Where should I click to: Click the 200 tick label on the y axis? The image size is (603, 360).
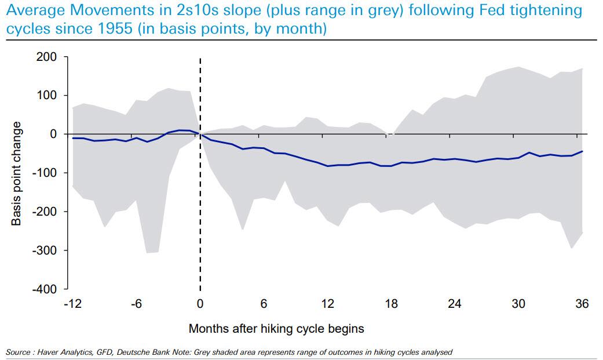(47, 57)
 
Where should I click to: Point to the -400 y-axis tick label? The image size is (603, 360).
(45, 289)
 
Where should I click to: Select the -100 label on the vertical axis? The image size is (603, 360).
(45, 173)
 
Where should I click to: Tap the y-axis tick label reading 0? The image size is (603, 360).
(53, 134)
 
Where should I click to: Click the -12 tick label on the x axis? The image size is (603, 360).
(72, 304)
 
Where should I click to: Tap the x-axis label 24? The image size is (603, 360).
(455, 304)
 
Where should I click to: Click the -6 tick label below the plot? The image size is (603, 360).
(136, 304)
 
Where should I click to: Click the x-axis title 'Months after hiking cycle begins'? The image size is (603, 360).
(276, 329)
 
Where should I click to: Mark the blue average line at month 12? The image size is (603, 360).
(328, 166)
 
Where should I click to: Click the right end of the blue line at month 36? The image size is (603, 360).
(582, 151)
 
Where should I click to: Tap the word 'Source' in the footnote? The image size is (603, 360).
(17, 352)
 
